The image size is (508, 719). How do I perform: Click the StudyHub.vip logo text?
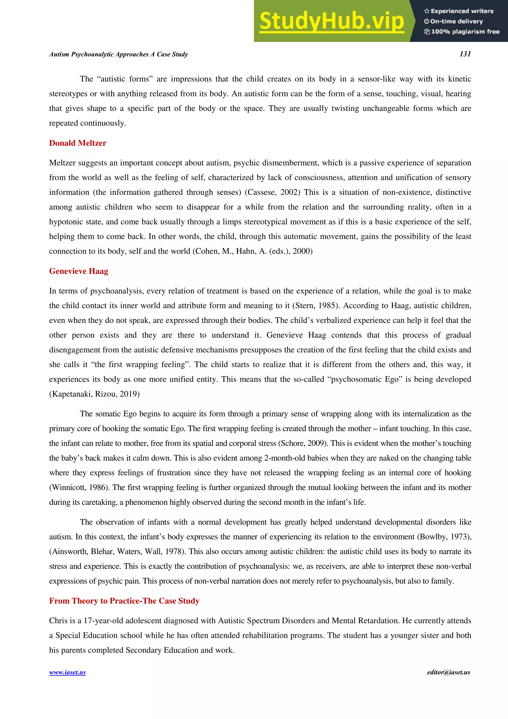pyautogui.click(x=331, y=21)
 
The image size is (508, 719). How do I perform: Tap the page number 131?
pyautogui.click(x=465, y=54)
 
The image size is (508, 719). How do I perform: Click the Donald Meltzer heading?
pyautogui.click(x=78, y=143)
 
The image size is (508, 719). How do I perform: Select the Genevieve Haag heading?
pyautogui.click(x=79, y=271)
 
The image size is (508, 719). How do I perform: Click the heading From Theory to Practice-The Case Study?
pyautogui.click(x=124, y=601)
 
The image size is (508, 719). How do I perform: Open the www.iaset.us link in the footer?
pyautogui.click(x=67, y=672)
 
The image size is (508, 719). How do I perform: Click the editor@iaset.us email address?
pyautogui.click(x=448, y=672)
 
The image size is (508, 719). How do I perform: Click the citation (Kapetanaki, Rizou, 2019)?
pyautogui.click(x=94, y=394)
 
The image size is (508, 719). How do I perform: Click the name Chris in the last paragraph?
pyautogui.click(x=58, y=621)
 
